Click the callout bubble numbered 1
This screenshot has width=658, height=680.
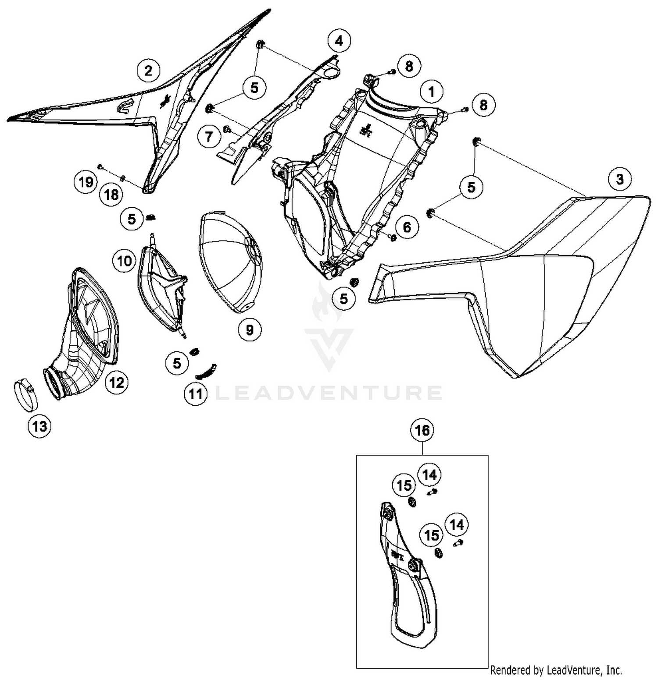pos(432,92)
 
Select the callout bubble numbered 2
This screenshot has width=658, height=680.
pos(148,70)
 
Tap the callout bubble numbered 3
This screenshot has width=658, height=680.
pos(620,179)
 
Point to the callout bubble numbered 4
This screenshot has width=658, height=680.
pos(339,41)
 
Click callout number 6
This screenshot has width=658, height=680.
pos(407,227)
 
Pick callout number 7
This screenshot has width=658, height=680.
pos(209,137)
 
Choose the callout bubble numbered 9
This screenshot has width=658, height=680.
pos(250,329)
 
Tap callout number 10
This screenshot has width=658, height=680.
pos(125,261)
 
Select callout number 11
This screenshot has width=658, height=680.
pos(196,393)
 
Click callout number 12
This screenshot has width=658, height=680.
pos(117,382)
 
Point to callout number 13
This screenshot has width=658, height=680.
pos(39,426)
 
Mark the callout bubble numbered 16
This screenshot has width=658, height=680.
pos(422,430)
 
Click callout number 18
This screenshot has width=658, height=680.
pos(111,194)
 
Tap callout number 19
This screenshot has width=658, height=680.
pos(86,181)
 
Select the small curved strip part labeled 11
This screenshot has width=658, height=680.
pos(207,371)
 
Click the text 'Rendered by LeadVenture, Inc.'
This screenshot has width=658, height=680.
pos(556,670)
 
